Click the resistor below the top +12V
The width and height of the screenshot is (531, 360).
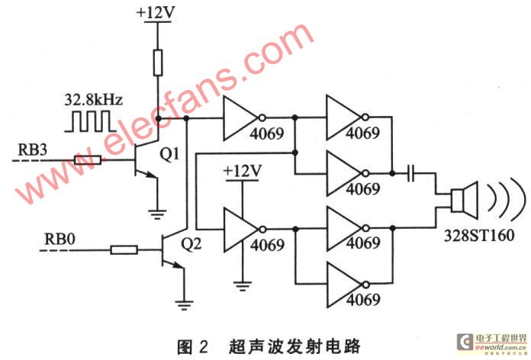(x=157, y=63)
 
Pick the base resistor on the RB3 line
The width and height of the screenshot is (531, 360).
(x=88, y=161)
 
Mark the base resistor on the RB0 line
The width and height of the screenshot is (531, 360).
(x=124, y=249)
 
